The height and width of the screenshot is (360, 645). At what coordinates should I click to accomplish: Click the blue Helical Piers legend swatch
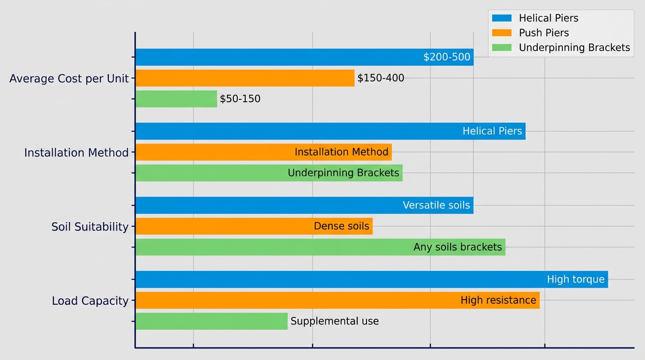coord(502,18)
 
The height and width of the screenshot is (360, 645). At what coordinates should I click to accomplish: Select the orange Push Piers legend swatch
coord(502,33)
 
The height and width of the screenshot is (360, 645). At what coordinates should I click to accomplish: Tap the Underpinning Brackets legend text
coord(574,48)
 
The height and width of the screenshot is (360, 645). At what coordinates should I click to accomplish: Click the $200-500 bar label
coord(447,57)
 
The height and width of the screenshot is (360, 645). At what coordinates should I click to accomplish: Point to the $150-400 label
coord(381,78)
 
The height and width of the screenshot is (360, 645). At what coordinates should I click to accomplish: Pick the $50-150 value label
coord(240,99)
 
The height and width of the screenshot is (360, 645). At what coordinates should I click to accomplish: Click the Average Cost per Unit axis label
coord(69,79)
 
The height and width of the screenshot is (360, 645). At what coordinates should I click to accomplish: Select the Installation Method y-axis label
coord(76,153)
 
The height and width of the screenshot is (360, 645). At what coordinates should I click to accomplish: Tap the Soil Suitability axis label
coord(90,227)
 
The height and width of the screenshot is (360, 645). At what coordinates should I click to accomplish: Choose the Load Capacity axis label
coord(90,301)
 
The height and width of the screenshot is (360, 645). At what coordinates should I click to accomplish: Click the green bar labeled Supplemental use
coord(211,322)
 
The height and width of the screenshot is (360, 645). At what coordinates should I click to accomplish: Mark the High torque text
coord(576,280)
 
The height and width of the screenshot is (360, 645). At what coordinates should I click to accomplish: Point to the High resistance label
coord(498,300)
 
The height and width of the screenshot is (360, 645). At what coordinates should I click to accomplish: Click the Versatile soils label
coord(436,205)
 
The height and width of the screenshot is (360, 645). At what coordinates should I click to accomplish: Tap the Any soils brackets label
coord(457,247)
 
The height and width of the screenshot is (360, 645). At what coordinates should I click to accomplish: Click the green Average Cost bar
coord(176,99)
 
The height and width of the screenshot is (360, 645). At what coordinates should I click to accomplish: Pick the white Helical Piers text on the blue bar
coord(492,131)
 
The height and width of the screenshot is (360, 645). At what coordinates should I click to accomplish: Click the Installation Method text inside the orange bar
coord(341,152)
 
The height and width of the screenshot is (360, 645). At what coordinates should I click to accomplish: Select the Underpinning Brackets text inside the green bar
coord(343,173)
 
